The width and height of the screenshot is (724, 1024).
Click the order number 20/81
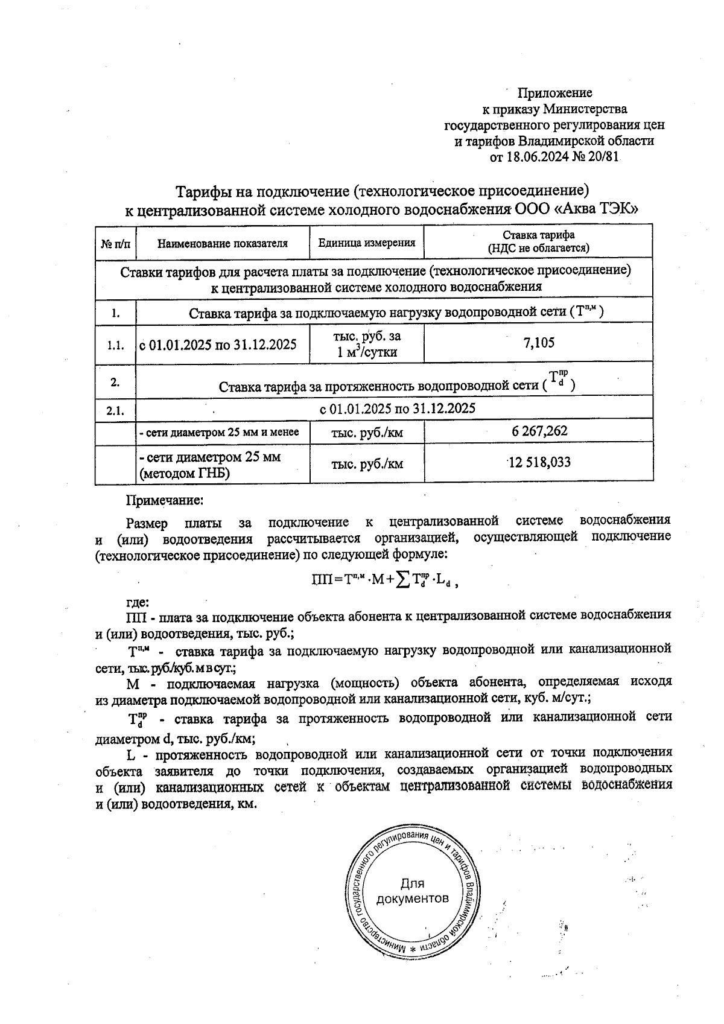click(604, 157)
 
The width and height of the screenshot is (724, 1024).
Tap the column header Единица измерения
click(367, 243)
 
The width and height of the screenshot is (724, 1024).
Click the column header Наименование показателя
click(222, 244)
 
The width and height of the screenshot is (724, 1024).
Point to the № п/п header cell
click(115, 244)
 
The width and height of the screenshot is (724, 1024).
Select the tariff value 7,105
click(538, 343)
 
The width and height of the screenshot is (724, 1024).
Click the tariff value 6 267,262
click(538, 431)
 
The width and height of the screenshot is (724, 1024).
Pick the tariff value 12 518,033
click(539, 463)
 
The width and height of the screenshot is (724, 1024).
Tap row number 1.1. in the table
click(115, 345)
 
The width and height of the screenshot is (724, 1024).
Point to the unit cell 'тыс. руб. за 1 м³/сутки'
click(367, 344)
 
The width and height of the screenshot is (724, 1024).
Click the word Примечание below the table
click(164, 500)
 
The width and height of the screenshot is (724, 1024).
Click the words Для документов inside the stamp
click(412, 891)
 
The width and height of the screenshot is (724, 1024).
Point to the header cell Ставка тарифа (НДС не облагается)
click(538, 241)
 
